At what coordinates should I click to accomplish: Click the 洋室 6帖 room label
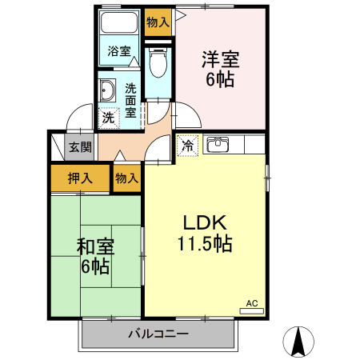click(220, 68)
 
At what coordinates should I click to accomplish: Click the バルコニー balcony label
click(158, 334)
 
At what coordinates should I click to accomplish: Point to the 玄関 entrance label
click(79, 147)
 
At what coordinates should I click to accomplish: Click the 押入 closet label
click(79, 178)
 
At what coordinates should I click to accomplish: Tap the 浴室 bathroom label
click(119, 51)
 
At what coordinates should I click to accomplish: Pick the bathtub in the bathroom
click(120, 25)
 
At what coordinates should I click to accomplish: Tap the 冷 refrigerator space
click(187, 146)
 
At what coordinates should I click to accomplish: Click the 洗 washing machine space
click(108, 118)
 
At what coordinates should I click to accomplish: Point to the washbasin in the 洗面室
click(107, 90)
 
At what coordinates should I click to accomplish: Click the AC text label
click(251, 303)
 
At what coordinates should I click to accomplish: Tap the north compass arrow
click(299, 342)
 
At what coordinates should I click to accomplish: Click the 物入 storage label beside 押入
click(126, 178)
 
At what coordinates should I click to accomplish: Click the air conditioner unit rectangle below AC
click(251, 311)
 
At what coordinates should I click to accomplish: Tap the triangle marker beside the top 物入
click(178, 20)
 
